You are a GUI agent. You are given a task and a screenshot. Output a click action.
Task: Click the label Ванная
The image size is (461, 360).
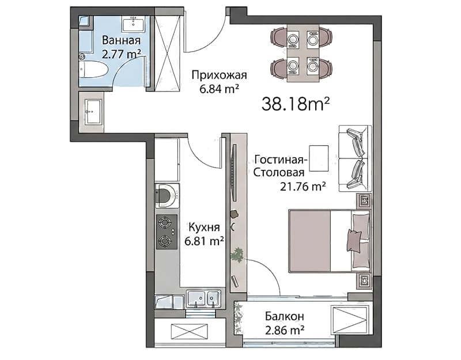121,40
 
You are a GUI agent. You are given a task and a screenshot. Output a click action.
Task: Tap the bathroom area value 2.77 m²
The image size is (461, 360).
121,54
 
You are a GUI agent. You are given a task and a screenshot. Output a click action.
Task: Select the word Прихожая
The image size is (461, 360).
219,75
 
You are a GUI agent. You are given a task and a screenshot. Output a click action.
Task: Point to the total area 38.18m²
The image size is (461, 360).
295,104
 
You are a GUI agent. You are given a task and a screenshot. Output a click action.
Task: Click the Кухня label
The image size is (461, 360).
204,227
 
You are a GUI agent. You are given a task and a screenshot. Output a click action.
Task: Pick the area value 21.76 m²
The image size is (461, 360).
303,186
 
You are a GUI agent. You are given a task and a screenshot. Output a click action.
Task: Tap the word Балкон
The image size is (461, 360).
284,316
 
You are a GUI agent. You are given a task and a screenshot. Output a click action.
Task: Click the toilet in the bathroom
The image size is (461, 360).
93,69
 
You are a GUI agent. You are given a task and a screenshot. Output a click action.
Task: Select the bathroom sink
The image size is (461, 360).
133,24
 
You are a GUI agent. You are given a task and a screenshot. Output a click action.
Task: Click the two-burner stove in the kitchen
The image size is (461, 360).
167,232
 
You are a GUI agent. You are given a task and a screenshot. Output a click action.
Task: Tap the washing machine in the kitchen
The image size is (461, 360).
168,196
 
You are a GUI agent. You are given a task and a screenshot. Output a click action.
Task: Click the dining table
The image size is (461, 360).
303,54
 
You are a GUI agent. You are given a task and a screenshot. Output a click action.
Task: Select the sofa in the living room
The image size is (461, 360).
355,158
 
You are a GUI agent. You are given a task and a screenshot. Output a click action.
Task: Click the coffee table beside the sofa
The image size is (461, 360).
319,158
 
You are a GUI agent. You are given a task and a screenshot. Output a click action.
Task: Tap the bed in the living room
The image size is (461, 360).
330,241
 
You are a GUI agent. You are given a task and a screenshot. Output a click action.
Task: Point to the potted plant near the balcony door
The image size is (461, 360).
237,254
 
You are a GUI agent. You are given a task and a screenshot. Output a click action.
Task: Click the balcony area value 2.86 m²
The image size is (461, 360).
284,330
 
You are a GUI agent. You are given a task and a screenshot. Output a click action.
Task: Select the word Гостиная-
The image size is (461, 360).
281,160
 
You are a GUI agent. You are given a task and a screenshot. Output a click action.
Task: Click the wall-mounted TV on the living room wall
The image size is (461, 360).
235,173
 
